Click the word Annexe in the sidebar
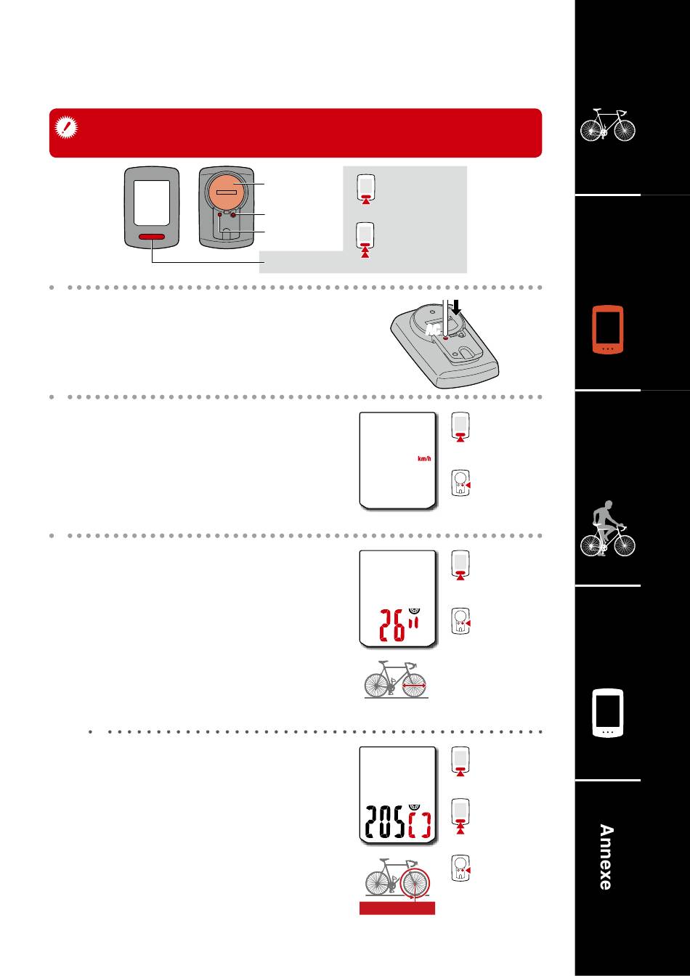(606, 857)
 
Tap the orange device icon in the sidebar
(608, 330)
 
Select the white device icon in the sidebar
(608, 713)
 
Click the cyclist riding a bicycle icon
(608, 528)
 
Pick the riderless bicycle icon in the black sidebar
(608, 125)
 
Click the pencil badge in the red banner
(66, 128)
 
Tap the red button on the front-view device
(152, 237)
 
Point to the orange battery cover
(226, 191)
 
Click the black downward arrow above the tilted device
(456, 306)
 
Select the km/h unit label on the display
(424, 459)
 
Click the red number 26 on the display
(393, 625)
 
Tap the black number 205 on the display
(385, 822)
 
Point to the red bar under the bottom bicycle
(397, 908)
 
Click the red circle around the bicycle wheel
(415, 883)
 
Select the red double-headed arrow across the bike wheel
(414, 686)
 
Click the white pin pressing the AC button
(445, 317)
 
